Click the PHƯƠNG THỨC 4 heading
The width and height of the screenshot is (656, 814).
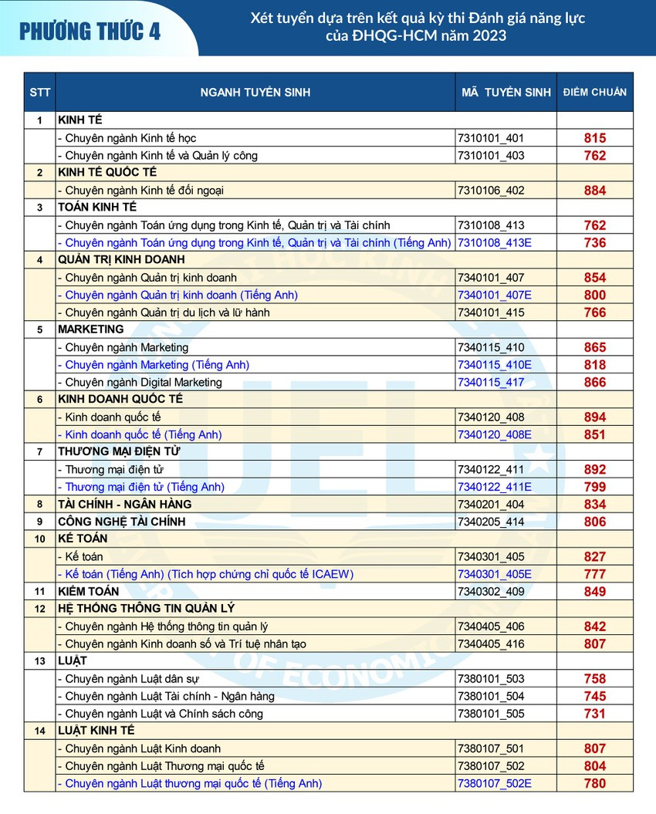tap(90, 32)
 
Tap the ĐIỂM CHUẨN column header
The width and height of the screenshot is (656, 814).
tap(594, 92)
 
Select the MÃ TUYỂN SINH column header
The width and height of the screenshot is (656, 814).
tap(506, 92)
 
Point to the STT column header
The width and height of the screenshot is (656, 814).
tap(40, 92)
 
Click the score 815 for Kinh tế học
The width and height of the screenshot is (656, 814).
tap(595, 138)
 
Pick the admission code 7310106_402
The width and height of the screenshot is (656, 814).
tap(491, 191)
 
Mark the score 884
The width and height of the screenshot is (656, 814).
tap(595, 191)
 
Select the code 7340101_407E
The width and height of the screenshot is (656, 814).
tap(494, 295)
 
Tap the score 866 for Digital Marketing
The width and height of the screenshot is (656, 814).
tap(595, 382)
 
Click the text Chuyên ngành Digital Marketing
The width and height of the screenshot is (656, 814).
tap(140, 382)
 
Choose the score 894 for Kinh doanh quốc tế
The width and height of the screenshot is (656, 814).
tap(595, 417)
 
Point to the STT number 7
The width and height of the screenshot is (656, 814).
tap(39, 451)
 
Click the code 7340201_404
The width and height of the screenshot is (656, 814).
tap(491, 504)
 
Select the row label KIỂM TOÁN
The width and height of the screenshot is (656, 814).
tap(89, 591)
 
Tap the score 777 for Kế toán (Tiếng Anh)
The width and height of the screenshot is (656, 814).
tap(595, 573)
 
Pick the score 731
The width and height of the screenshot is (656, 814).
tap(595, 714)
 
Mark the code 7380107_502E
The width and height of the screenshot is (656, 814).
tap(494, 783)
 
